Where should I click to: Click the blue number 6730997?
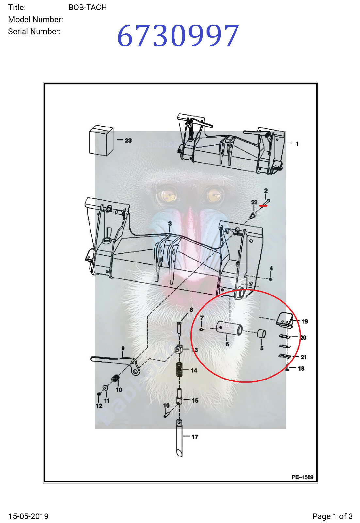pyautogui.click(x=178, y=36)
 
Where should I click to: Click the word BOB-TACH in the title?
pyautogui.click(x=88, y=8)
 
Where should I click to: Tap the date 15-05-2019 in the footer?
pyautogui.click(x=28, y=516)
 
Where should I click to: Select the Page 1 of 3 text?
pyautogui.click(x=332, y=516)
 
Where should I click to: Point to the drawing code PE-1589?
pyautogui.click(x=302, y=477)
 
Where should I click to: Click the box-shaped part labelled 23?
pyautogui.click(x=101, y=140)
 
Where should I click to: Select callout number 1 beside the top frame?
pyautogui.click(x=297, y=144)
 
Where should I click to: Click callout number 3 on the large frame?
pyautogui.click(x=170, y=224)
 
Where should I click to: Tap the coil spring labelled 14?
pyautogui.click(x=179, y=369)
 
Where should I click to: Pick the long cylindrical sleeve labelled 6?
pyautogui.click(x=229, y=329)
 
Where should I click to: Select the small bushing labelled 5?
pyautogui.click(x=262, y=334)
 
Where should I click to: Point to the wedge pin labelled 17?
pyautogui.click(x=179, y=438)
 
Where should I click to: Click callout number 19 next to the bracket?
pyautogui.click(x=304, y=321)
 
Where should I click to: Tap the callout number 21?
pyautogui.click(x=303, y=357)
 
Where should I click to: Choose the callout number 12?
pyautogui.click(x=99, y=406)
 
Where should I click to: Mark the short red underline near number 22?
pyautogui.click(x=263, y=206)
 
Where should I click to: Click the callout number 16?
pyautogui.click(x=166, y=405)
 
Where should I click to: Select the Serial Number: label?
pyautogui.click(x=34, y=32)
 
